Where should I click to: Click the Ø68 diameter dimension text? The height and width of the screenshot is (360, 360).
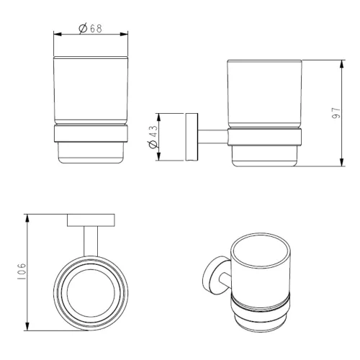91,29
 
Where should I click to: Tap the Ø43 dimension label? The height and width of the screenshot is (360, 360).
153,137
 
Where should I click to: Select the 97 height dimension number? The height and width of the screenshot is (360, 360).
336,113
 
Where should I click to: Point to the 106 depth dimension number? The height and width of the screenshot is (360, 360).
21,271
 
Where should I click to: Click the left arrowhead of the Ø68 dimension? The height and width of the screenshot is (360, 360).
58,35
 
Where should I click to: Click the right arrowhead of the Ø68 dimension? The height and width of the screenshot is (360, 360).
124,35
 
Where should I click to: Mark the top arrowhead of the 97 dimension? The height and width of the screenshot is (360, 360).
342,64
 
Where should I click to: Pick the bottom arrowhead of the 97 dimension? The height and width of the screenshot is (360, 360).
342,161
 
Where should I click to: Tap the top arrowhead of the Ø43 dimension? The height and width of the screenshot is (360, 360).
158,117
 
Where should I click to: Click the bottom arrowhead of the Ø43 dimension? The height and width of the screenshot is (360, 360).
158,156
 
